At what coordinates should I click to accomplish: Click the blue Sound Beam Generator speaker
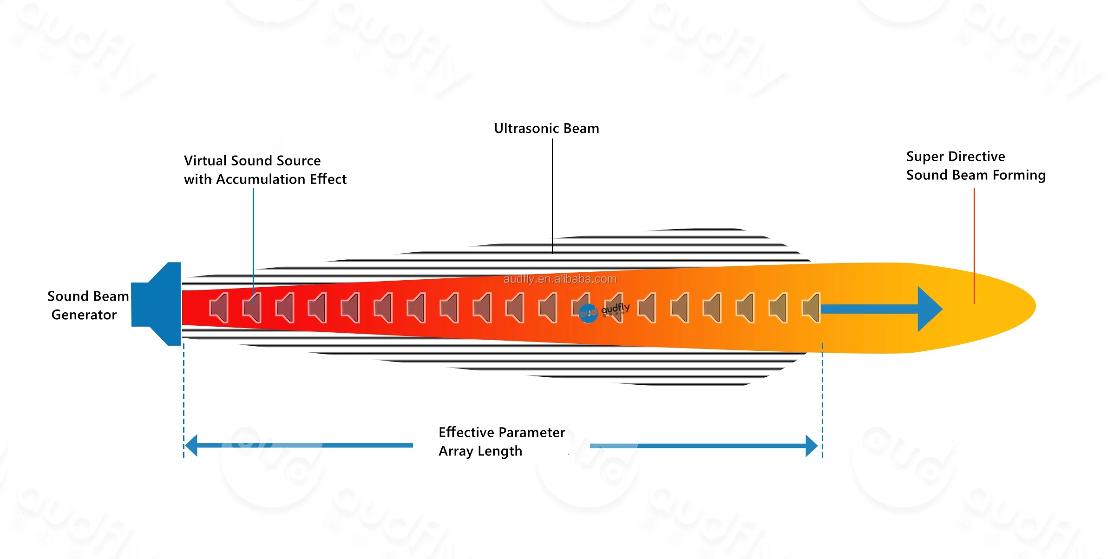(160, 304)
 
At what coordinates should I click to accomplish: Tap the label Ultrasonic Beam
(546, 128)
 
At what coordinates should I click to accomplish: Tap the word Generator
(84, 315)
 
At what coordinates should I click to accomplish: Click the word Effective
(466, 433)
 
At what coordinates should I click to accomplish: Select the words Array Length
(480, 451)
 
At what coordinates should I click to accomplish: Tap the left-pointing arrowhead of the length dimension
(192, 446)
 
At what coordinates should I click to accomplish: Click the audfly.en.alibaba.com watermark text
(560, 279)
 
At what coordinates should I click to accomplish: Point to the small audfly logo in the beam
(604, 310)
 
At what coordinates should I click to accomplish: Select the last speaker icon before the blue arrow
(812, 308)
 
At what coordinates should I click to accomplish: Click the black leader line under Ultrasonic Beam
(552, 195)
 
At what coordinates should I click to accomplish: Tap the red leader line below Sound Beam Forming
(974, 246)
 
